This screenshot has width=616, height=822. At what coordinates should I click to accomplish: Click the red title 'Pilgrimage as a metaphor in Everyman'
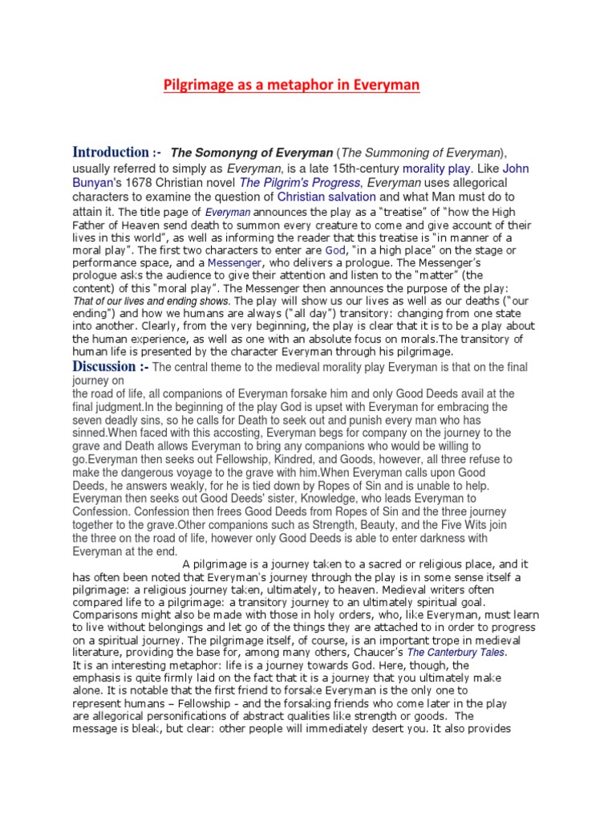[x=292, y=85]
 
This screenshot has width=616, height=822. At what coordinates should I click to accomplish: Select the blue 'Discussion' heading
[x=110, y=367]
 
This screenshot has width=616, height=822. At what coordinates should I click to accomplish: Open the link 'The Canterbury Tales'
[x=456, y=653]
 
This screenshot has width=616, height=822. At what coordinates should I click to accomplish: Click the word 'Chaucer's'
[x=374, y=653]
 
